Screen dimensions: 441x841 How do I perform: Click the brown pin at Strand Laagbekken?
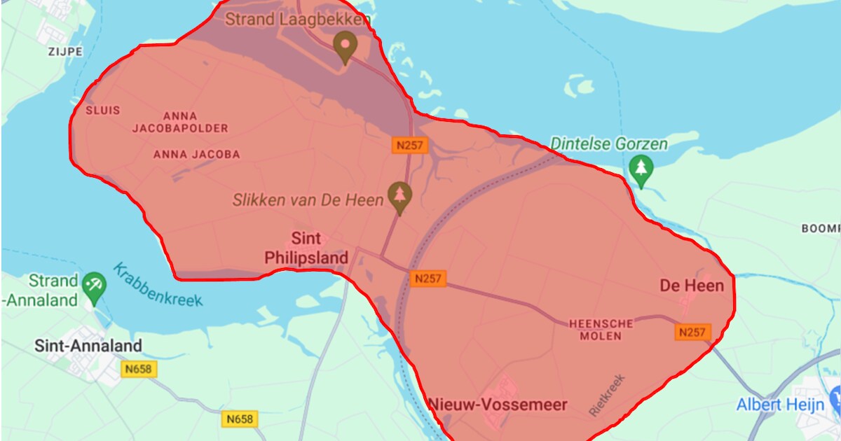point(344,46)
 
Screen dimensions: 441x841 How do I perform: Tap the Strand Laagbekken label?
point(297,20)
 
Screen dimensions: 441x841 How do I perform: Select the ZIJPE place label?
point(65,52)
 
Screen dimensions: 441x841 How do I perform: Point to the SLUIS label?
point(103,111)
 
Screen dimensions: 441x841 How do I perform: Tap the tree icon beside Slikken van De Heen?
point(400,196)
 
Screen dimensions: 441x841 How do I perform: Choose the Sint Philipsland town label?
point(306,248)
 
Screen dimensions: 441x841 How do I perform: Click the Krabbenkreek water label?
point(158,285)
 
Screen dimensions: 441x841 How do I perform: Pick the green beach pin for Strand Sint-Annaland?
point(93,286)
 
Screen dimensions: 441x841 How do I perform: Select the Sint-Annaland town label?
point(88,346)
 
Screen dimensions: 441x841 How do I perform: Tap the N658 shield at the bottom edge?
point(240,419)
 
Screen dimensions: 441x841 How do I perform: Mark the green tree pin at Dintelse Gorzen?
point(641,170)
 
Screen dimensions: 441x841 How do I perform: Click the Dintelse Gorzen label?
point(609,143)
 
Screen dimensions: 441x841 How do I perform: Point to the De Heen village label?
point(692,286)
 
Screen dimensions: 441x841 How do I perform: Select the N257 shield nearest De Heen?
point(693,332)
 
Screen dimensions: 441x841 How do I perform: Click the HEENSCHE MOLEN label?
point(601,330)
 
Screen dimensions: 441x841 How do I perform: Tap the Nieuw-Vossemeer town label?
point(498,405)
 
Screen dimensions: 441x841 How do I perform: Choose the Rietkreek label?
point(606,395)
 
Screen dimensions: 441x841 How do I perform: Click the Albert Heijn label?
point(779,405)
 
